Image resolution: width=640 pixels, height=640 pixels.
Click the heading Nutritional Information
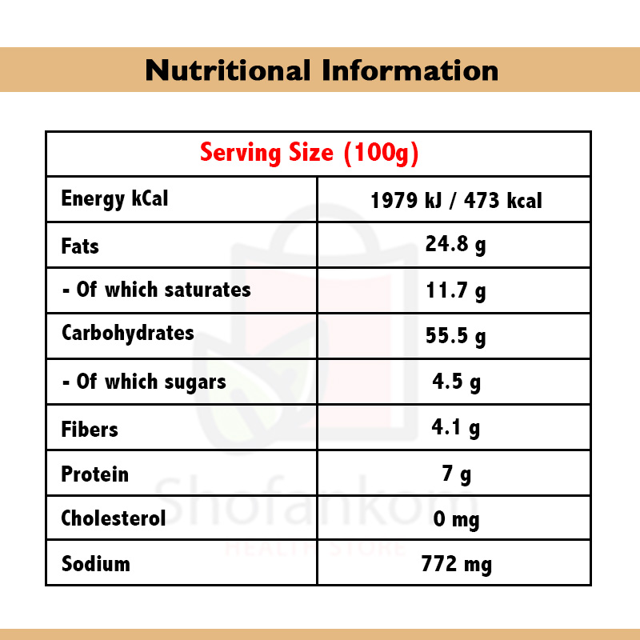(x=322, y=70)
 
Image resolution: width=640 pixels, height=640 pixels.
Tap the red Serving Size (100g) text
(x=309, y=152)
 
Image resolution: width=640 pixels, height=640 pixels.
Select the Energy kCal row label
(x=114, y=198)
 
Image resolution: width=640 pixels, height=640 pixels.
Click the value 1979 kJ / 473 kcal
(x=456, y=200)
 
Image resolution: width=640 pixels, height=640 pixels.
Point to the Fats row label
(x=80, y=246)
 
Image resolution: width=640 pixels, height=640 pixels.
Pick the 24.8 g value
(x=455, y=245)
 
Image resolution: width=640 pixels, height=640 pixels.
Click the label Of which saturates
(x=156, y=290)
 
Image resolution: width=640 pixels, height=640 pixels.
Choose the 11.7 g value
(x=455, y=291)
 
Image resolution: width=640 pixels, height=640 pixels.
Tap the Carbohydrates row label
(x=127, y=333)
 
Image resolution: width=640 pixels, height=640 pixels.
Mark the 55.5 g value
(x=455, y=337)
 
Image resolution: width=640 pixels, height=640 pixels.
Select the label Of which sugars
(x=144, y=382)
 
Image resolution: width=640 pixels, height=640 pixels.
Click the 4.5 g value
(x=456, y=382)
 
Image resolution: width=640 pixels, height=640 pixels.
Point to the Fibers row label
(x=89, y=430)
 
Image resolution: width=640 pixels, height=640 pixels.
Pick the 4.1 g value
(x=456, y=428)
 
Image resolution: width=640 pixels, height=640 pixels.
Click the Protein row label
(x=94, y=474)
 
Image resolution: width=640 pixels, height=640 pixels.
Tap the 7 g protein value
(x=456, y=474)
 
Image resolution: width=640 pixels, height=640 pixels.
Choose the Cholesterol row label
(x=114, y=518)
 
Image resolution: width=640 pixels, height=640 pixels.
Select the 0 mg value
(x=456, y=520)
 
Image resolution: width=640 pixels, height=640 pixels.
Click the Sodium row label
(x=95, y=564)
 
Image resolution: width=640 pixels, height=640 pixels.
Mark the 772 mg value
(x=456, y=565)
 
